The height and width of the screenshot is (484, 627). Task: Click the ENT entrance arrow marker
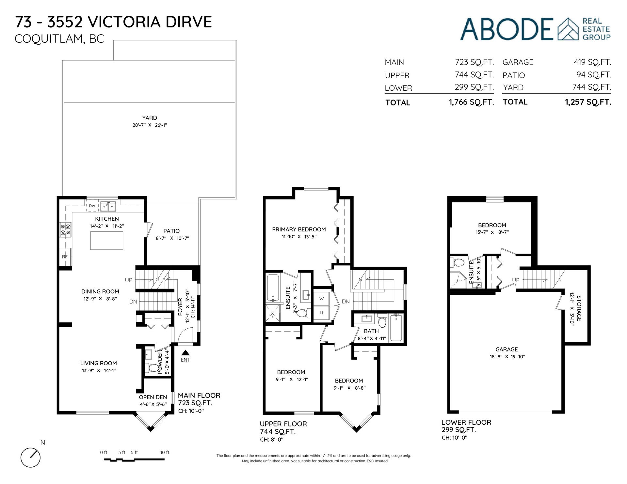185,352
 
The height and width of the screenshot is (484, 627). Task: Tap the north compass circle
30,457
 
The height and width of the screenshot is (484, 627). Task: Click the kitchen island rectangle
107,241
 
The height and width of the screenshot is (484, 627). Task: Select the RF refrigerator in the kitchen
65,257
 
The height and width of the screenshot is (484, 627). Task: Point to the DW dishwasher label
92,206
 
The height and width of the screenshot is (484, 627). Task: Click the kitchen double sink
107,206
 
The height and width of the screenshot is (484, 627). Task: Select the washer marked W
321,299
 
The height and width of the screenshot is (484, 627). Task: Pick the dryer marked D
321,313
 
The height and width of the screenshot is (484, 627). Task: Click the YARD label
150,118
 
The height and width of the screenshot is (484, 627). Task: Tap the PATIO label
172,231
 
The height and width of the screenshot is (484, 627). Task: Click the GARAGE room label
506,349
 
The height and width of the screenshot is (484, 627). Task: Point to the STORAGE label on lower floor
579,308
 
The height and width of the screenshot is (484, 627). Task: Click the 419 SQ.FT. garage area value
592,62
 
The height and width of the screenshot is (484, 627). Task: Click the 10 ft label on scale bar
165,452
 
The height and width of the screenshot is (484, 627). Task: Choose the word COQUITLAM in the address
48,39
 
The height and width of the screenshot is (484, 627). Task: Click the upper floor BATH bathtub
396,328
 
